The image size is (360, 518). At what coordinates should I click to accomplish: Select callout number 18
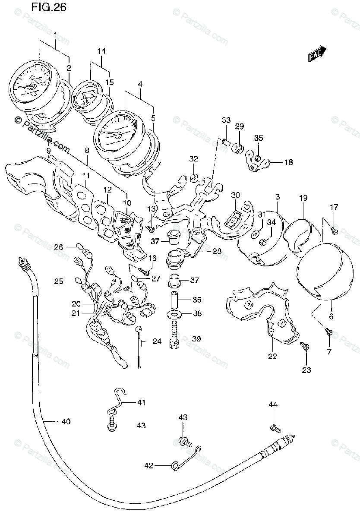288,162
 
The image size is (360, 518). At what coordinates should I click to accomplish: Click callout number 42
149,465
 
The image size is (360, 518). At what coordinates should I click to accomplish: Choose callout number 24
157,342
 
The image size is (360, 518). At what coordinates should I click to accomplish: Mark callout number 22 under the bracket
272,357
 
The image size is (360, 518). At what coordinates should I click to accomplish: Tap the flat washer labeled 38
175,313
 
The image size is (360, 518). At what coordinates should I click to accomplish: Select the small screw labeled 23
304,345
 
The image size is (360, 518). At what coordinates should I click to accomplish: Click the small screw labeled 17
335,232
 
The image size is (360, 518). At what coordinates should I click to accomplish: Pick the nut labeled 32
194,177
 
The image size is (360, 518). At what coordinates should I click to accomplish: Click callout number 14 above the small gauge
101,51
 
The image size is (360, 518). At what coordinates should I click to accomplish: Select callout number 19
303,198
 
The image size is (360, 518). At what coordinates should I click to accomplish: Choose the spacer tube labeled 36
175,299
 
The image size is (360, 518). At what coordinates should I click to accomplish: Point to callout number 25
59,281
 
